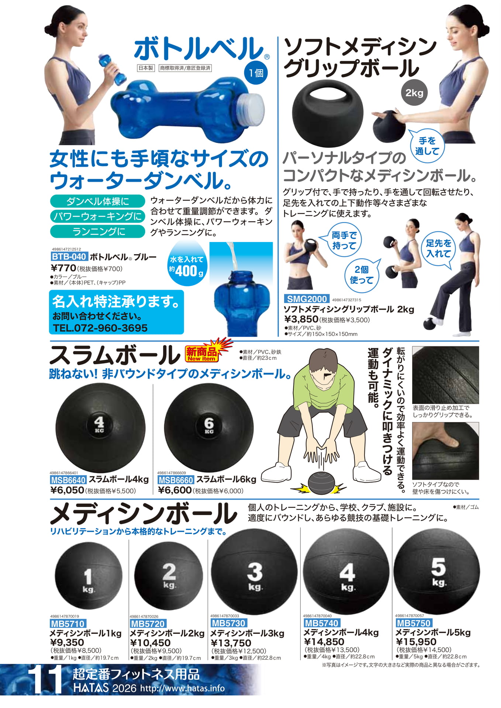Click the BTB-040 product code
pyautogui.click(x=69, y=257)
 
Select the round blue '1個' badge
pyautogui.click(x=256, y=73)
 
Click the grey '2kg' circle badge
pyautogui.click(x=414, y=93)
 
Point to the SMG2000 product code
pyautogui.click(x=307, y=299)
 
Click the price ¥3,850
pyautogui.click(x=301, y=319)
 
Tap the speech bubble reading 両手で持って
pyautogui.click(x=344, y=240)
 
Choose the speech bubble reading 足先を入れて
pyautogui.click(x=438, y=249)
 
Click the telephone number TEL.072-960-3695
pyautogui.click(x=100, y=328)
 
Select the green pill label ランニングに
pyautogui.click(x=98, y=232)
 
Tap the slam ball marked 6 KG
pyautogui.click(x=209, y=428)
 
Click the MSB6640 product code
pyautogui.click(x=68, y=480)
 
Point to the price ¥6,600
pyautogui.click(x=175, y=490)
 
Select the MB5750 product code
pyautogui.click(x=413, y=623)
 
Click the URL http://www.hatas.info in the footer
pyautogui.click(x=183, y=688)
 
